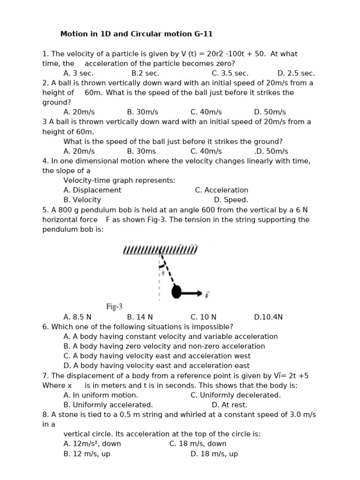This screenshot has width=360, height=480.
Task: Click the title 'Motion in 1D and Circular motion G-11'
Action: click(136, 34)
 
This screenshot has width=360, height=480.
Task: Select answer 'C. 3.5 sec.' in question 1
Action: click(230, 73)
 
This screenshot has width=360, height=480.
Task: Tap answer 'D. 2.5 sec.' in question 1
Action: click(296, 73)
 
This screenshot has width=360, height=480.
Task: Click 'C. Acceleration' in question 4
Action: click(221, 190)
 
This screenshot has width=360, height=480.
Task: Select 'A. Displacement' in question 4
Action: click(92, 190)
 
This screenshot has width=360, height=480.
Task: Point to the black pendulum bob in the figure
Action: click(176, 292)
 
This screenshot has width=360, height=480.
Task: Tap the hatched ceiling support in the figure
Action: click(160, 249)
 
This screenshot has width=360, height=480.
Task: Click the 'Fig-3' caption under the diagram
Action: click(114, 307)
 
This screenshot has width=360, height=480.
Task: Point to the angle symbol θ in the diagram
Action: click(163, 272)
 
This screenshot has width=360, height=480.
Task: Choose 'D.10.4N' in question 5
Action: click(268, 317)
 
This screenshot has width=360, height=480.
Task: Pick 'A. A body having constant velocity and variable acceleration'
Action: click(171, 337)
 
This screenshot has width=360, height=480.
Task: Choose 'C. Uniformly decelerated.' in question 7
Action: click(235, 395)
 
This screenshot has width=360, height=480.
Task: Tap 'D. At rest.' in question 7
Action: click(229, 405)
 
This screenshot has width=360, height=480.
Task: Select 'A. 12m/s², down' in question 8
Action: click(92, 443)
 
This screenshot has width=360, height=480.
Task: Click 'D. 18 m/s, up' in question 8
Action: click(214, 454)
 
